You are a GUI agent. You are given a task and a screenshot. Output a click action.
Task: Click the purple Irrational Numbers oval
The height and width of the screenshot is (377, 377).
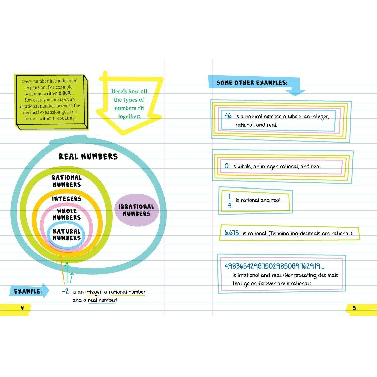136,210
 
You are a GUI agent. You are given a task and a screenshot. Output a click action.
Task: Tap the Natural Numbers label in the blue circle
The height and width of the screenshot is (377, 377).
67,235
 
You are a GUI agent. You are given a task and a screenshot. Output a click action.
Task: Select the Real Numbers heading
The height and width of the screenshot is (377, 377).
88,156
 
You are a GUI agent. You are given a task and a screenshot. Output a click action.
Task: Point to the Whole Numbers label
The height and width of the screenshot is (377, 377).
67,214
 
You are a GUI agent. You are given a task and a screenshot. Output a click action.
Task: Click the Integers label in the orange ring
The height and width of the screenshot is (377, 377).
67,199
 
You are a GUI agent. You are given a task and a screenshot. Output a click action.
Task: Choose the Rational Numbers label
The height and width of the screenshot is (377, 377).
67,181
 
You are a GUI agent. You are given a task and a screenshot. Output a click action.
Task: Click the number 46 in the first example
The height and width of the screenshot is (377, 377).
228,116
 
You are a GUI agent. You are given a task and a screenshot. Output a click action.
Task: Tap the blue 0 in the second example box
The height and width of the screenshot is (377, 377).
227,166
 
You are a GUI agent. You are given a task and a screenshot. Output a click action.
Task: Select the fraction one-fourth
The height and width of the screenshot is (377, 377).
229,201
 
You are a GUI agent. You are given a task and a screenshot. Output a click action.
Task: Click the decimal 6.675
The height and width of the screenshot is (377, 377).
232,233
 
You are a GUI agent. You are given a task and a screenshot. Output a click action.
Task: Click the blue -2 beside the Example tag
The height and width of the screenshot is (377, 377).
66,291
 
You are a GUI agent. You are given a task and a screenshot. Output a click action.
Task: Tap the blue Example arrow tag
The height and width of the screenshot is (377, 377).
29,291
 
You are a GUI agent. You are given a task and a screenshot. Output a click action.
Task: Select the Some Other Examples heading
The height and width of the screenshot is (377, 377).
252,83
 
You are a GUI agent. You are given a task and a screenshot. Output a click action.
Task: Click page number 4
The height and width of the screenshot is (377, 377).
22,308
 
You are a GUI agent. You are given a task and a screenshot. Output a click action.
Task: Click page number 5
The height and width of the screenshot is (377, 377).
354,308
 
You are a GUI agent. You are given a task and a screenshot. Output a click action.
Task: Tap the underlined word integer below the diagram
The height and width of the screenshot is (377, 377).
93,292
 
